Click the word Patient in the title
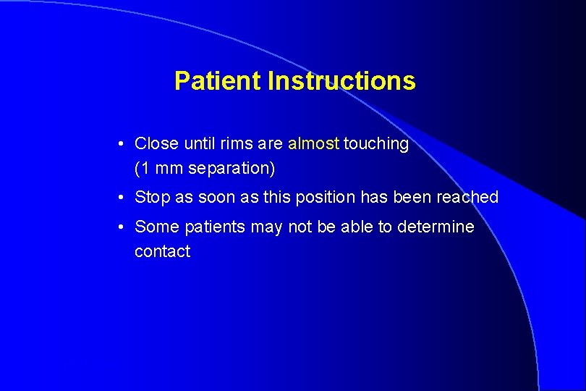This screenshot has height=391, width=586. [x=218, y=80]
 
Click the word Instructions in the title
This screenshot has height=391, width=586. [x=341, y=80]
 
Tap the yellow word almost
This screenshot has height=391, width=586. [x=313, y=143]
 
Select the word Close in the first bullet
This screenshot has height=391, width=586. [x=156, y=143]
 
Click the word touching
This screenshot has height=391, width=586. [x=376, y=144]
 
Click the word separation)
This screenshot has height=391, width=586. [x=232, y=169]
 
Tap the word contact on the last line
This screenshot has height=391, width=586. [x=162, y=252]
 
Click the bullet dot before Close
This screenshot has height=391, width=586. [x=124, y=144]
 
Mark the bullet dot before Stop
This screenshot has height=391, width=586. [x=124, y=198]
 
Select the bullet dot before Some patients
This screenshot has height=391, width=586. [x=124, y=227]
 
